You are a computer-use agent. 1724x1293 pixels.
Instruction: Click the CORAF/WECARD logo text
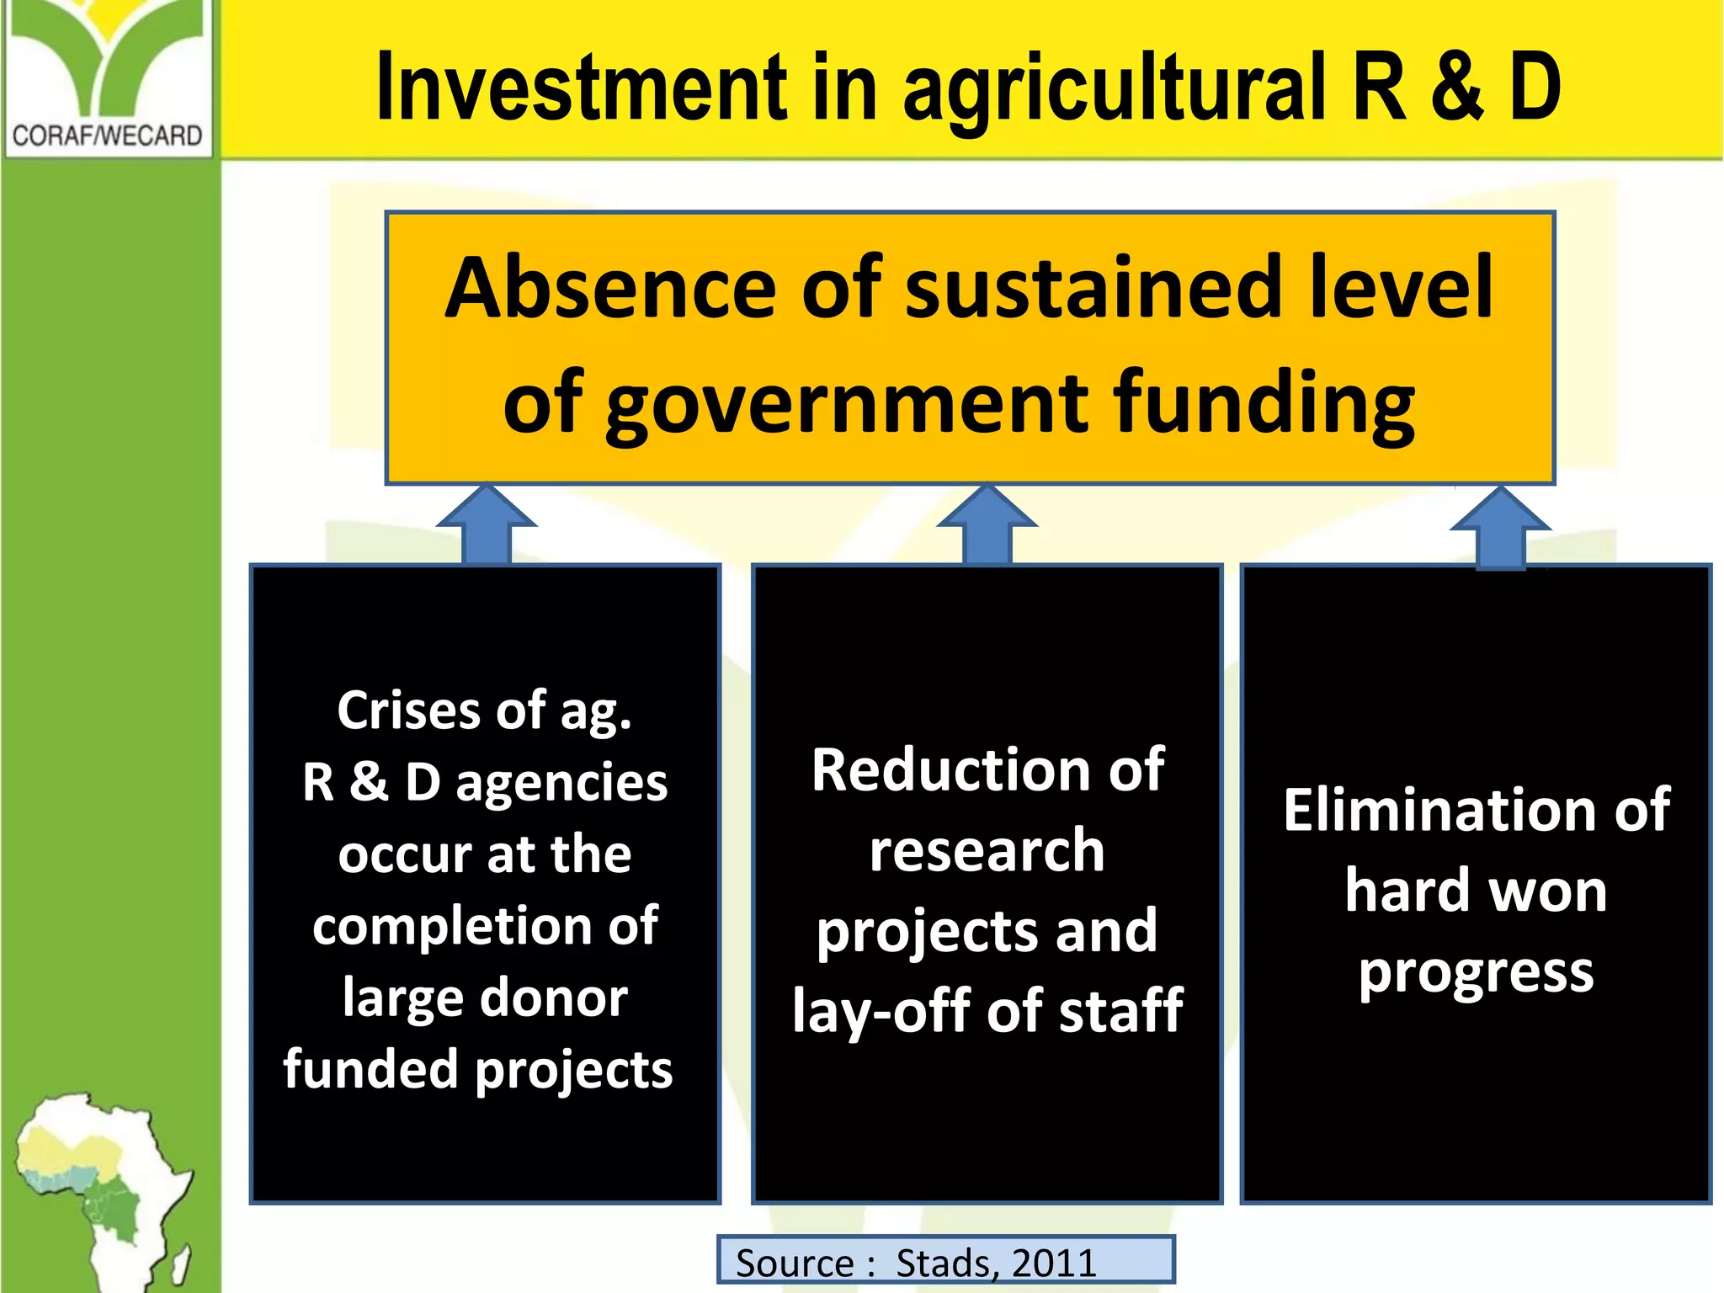click(107, 136)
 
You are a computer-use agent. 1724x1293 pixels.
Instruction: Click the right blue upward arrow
click(1500, 527)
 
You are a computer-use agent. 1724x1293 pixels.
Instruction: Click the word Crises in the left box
click(410, 710)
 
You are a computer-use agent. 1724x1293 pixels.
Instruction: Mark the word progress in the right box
click(1477, 973)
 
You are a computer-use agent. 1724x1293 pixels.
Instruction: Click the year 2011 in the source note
click(1054, 1263)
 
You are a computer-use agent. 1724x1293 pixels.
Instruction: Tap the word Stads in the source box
click(941, 1263)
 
